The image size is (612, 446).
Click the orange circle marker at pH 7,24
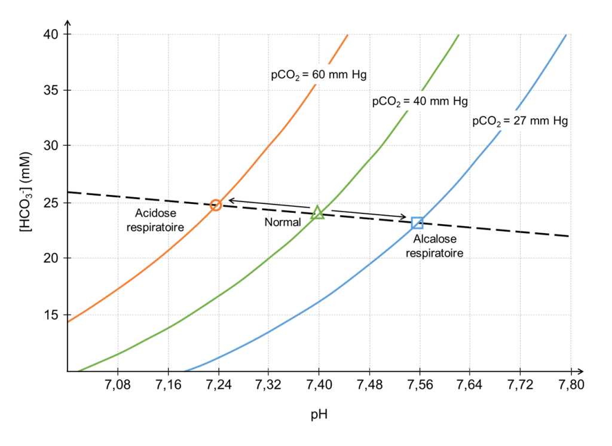(x=216, y=204)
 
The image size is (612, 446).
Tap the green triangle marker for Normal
(x=318, y=212)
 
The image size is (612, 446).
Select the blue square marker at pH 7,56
(x=418, y=223)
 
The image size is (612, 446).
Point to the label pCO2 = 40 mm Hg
(x=420, y=101)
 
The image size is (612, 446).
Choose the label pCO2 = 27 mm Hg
(x=519, y=121)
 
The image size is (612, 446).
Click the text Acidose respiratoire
(x=155, y=219)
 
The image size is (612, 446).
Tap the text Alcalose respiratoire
(x=434, y=246)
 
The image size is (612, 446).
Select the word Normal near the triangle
(x=283, y=222)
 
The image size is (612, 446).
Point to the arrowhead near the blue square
(x=405, y=217)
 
